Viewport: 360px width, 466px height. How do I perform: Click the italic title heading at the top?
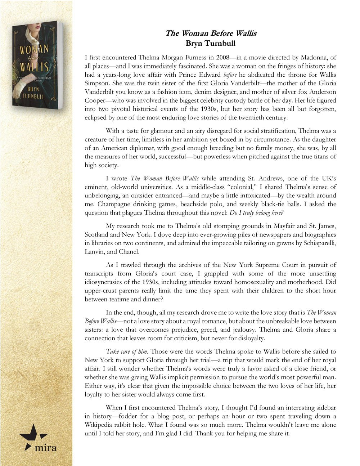(211, 33)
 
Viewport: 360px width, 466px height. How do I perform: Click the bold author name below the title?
(211, 44)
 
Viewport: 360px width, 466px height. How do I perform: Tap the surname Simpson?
(97, 83)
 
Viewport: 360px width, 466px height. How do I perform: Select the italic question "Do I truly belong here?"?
(259, 213)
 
